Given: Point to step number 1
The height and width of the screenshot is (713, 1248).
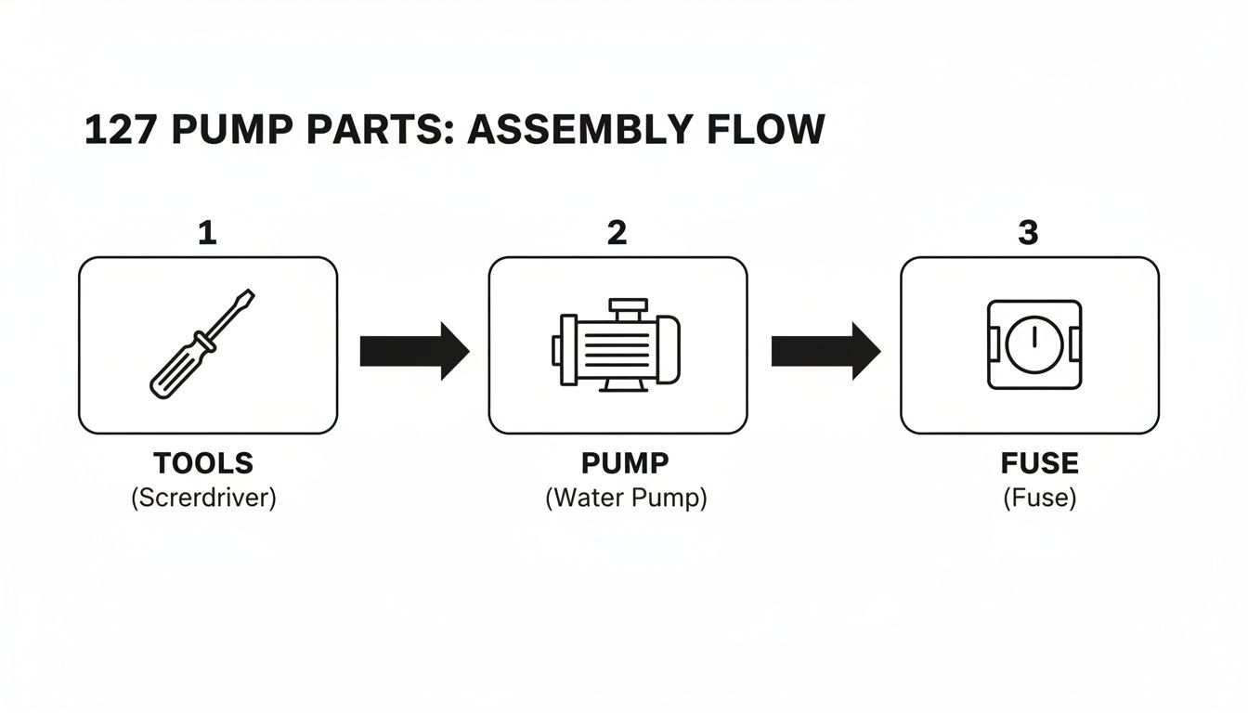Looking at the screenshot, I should (x=207, y=233).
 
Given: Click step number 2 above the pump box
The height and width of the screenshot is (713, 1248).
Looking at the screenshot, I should (x=617, y=233).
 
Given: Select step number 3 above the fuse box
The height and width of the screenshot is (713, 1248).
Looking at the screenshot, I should (x=1028, y=233).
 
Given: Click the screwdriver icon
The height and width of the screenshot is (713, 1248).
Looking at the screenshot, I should (x=202, y=344).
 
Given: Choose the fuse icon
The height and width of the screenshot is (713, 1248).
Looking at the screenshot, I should (x=1033, y=344).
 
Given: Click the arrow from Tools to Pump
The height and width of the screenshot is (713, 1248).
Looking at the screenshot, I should (x=414, y=351).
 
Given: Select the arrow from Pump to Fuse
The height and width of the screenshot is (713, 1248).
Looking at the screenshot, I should (x=825, y=351).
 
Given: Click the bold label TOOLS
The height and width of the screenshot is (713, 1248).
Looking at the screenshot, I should (x=203, y=463).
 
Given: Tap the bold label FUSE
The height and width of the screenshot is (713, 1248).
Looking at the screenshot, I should (x=1039, y=463).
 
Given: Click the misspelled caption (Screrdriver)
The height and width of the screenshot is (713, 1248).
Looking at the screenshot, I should (x=203, y=499).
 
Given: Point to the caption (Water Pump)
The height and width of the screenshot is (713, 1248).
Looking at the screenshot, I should (x=625, y=499).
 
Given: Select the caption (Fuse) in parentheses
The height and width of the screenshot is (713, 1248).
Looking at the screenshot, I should (x=1039, y=499).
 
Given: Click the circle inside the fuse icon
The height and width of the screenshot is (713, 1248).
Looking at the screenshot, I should (x=1033, y=344).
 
